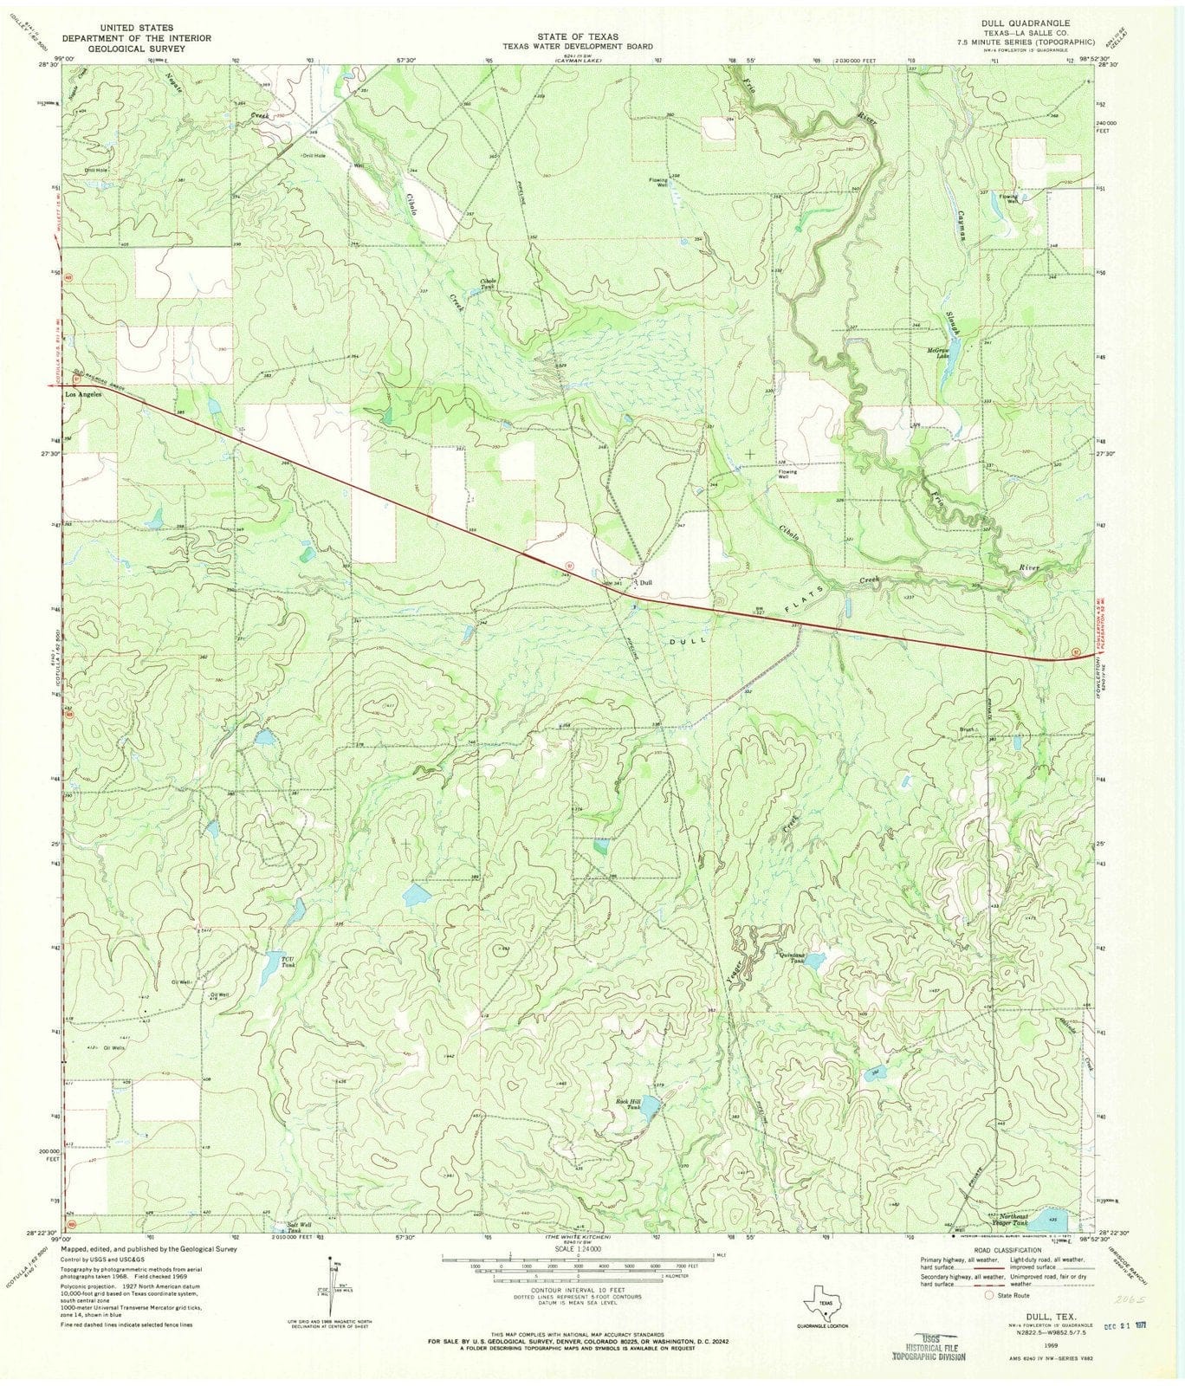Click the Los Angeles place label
tap(84, 394)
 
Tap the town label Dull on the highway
tap(645, 583)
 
